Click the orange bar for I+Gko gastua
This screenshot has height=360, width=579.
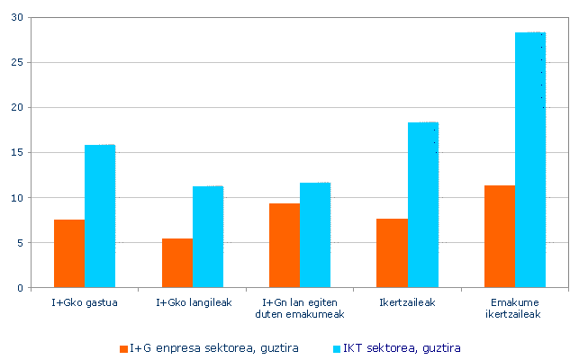[x=69, y=254]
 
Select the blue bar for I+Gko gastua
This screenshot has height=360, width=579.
[x=100, y=216]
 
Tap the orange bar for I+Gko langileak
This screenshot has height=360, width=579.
[x=177, y=263]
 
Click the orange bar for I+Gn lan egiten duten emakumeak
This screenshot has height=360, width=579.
[x=285, y=246]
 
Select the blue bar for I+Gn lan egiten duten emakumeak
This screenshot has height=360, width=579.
[x=315, y=235]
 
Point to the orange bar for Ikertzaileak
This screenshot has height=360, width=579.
[x=392, y=253]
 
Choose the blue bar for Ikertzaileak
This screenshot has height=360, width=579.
[x=423, y=205]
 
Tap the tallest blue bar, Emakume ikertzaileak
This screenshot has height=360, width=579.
[x=530, y=160]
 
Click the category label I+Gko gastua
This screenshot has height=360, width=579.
[x=85, y=302]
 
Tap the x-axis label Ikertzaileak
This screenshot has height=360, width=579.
[x=408, y=302]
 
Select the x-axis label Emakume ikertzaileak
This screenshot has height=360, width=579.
[x=515, y=309]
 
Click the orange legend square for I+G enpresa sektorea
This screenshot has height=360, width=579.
[x=123, y=348]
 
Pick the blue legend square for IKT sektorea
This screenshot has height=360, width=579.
[x=337, y=348]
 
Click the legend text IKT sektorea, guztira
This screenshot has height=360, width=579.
[x=402, y=348]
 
